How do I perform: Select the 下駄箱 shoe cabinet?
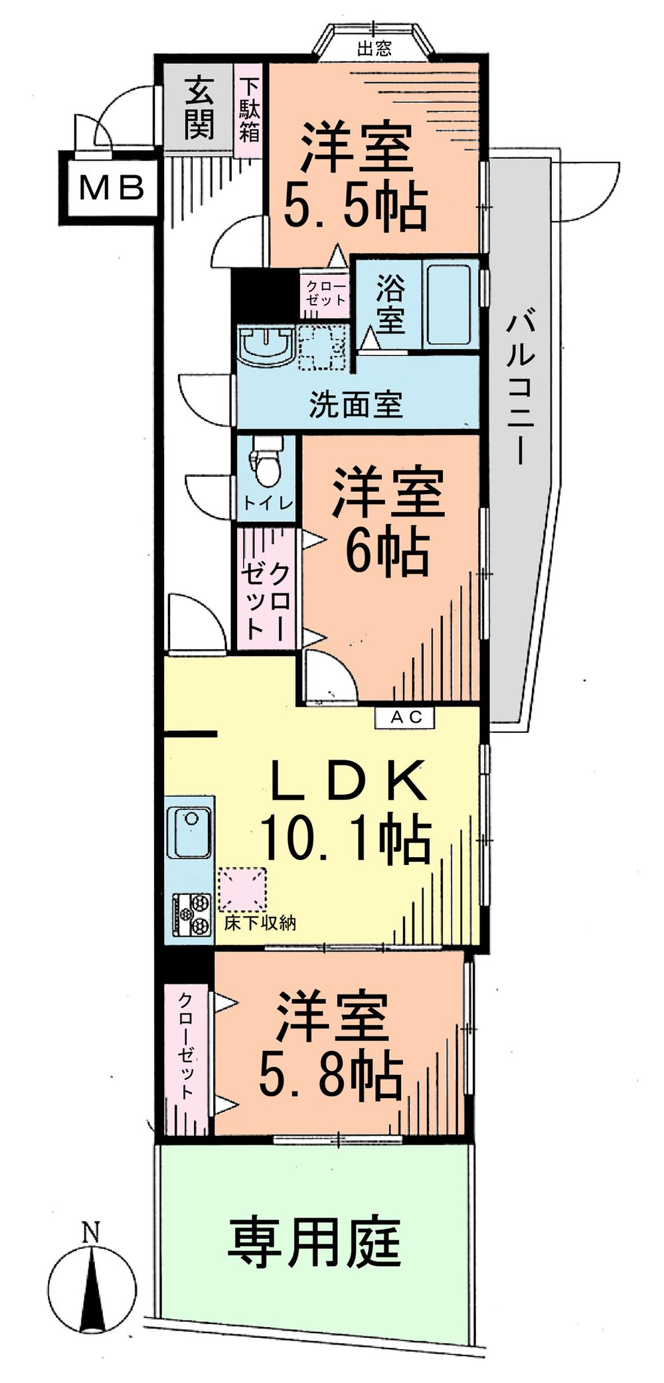[x=250, y=110]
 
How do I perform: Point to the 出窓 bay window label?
[x=374, y=48]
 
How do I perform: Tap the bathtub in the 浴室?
[x=449, y=305]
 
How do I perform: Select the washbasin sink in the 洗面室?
[x=265, y=345]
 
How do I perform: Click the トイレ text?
[x=267, y=503]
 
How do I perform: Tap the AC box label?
[x=405, y=717]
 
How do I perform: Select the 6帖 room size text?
[x=387, y=552]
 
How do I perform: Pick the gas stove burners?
[x=192, y=914]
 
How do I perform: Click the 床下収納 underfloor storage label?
[x=260, y=923]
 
